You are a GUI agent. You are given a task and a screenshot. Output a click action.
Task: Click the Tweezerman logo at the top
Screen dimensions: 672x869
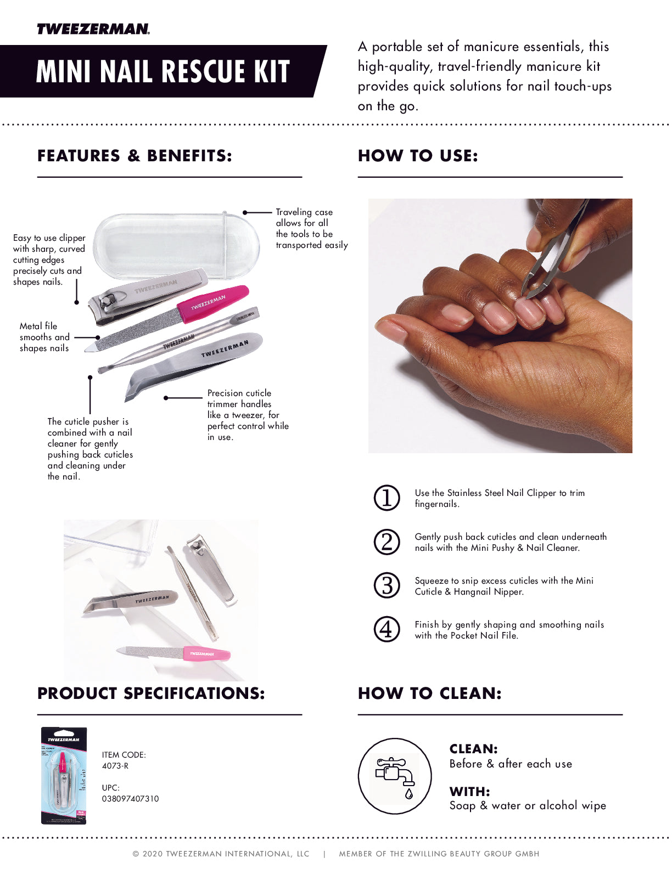[x=93, y=29]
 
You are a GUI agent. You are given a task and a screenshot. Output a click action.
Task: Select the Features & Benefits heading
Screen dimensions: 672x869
[x=135, y=156]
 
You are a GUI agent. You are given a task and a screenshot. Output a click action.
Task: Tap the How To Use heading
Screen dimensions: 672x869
[x=418, y=156]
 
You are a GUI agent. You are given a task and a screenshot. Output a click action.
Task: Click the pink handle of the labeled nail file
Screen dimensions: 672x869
[x=213, y=303]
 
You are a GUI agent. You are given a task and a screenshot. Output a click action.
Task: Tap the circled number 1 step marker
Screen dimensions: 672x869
[x=387, y=498]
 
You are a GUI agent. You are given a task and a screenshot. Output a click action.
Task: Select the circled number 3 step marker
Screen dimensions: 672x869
[x=387, y=585]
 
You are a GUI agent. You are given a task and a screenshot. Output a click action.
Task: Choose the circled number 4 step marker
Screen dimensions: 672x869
[x=387, y=629]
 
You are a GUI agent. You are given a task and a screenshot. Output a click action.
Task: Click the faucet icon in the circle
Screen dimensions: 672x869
[x=395, y=776]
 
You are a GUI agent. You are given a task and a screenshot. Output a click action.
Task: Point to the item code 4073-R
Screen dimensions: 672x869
[x=115, y=766]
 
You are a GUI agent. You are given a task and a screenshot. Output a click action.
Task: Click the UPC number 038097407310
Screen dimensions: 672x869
[x=131, y=799]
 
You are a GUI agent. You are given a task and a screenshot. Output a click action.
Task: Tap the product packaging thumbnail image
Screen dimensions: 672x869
[x=64, y=775]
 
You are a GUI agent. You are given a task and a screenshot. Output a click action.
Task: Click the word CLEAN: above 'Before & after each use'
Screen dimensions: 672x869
[x=473, y=749]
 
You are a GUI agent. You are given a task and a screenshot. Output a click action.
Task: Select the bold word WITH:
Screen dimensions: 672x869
[x=469, y=792]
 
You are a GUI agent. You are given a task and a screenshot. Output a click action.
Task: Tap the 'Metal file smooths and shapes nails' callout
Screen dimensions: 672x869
[x=44, y=337]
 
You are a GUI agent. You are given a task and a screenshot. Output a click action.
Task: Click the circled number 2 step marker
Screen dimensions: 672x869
[x=387, y=542]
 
